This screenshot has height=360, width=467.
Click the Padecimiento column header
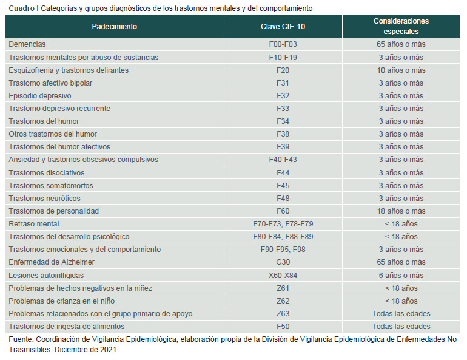[x=115, y=27]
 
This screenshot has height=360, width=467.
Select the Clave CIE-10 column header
[x=283, y=27]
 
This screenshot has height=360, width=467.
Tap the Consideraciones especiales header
[x=401, y=26]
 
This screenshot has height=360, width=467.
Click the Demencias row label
[x=27, y=44]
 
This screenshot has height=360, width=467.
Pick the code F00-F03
[x=283, y=44]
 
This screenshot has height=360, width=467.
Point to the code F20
[x=283, y=70]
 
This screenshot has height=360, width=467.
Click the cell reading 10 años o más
[x=401, y=70]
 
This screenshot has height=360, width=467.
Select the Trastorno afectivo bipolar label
[x=50, y=83]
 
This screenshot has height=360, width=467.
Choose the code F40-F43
[x=283, y=160]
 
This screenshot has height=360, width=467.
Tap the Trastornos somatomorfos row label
[x=51, y=186]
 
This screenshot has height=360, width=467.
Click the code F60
[x=283, y=211]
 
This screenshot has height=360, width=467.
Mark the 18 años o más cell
[x=401, y=211]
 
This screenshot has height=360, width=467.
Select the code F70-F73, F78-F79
[x=283, y=224]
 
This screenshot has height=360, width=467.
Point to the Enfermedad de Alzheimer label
[x=52, y=262]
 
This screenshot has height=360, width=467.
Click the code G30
[x=283, y=262]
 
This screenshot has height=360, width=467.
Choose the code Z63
[x=283, y=314]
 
